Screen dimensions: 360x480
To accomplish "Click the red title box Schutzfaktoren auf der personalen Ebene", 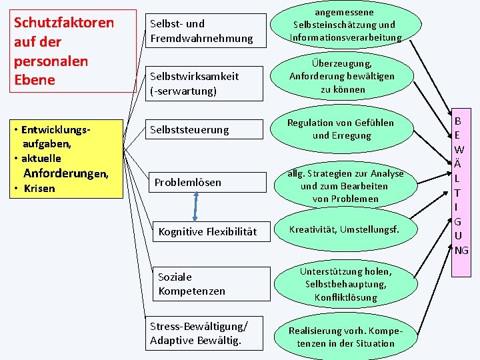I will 65,52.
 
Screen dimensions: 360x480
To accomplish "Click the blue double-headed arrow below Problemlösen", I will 196,207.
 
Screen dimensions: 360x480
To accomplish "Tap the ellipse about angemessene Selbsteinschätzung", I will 346,25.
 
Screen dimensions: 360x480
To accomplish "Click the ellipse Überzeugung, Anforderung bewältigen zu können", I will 342,76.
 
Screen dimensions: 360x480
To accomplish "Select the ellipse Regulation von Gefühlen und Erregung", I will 340,129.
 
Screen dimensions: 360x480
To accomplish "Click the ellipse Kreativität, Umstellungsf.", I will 343,229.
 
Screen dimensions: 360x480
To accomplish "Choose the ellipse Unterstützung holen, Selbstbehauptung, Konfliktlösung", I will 346,284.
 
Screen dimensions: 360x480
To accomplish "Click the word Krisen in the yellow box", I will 39,189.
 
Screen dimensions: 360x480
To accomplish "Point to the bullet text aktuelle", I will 41,158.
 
